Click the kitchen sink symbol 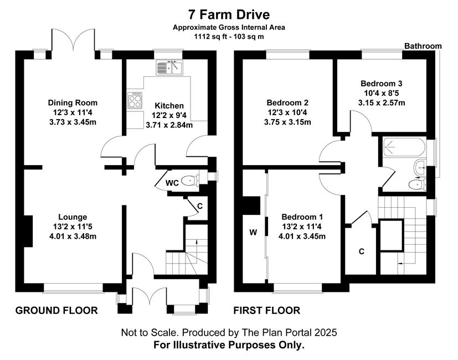click(x=169, y=68)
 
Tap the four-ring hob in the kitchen click(x=135, y=100)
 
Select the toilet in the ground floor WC click(x=190, y=181)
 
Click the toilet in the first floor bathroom click(x=417, y=184)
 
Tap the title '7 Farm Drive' click(x=229, y=14)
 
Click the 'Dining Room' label click(x=73, y=102)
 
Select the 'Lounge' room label click(x=73, y=217)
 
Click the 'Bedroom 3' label click(x=382, y=83)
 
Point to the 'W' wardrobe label click(x=253, y=232)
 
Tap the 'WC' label click(x=172, y=183)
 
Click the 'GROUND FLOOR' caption click(x=56, y=310)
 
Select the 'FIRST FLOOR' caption click(x=267, y=310)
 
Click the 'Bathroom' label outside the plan click(x=423, y=46)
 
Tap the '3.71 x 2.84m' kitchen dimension click(x=169, y=125)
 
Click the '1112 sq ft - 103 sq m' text click(x=229, y=37)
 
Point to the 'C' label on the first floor click(x=362, y=251)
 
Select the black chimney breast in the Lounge click(x=28, y=231)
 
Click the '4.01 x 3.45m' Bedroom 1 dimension click(x=302, y=236)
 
